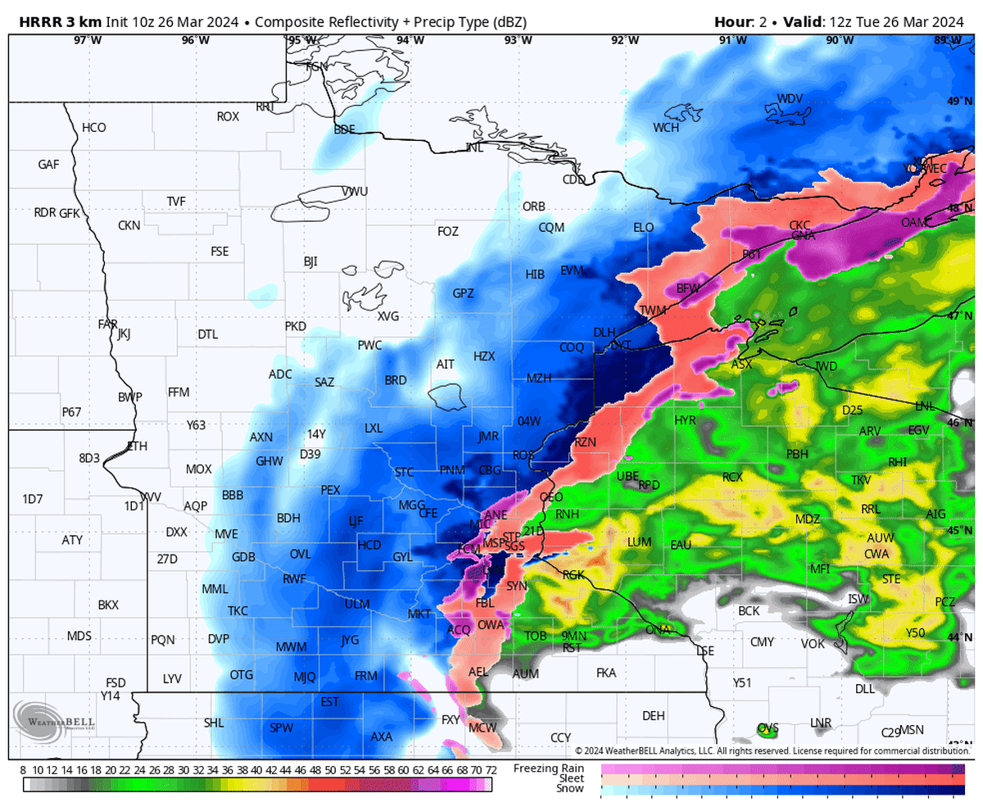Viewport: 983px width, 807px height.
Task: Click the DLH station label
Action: click(604, 332)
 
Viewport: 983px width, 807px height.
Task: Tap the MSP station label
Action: click(494, 543)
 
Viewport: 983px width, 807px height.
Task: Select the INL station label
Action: click(474, 147)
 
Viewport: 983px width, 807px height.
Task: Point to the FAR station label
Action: click(108, 324)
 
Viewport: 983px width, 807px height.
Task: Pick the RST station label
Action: click(572, 647)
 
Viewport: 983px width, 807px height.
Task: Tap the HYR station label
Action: click(685, 420)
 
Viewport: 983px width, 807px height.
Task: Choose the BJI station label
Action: click(310, 262)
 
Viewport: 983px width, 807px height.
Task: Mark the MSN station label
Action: click(911, 730)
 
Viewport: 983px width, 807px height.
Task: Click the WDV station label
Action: click(790, 99)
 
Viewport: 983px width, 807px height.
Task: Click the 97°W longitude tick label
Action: click(88, 39)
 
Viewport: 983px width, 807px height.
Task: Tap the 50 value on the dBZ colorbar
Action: click(330, 770)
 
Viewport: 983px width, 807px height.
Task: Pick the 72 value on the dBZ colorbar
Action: click(491, 770)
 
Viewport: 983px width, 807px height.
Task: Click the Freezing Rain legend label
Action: click(549, 768)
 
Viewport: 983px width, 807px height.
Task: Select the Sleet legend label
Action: click(571, 778)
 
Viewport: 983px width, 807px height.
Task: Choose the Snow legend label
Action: click(571, 788)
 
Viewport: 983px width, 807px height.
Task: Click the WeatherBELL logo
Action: click(54, 721)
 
